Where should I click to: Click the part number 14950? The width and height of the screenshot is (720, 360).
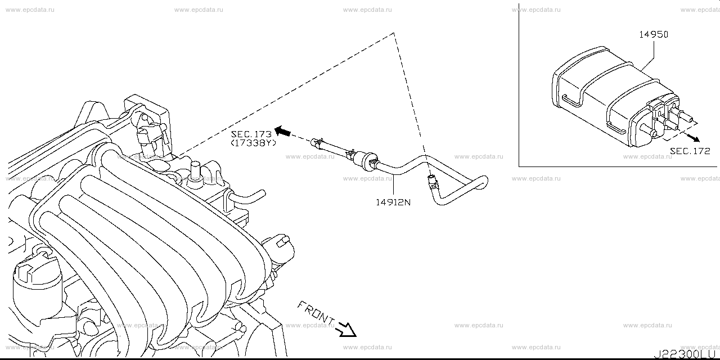click(653, 34)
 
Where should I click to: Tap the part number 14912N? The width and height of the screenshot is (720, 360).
click(393, 201)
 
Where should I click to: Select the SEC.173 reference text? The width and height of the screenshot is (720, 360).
click(251, 134)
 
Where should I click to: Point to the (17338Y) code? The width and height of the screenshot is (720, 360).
click(253, 143)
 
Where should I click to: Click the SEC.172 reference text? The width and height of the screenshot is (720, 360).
click(690, 151)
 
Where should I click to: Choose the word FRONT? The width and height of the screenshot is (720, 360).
click(315, 312)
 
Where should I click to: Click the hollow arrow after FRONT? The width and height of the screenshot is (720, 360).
click(345, 330)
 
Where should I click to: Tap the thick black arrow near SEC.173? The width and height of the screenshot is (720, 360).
click(285, 132)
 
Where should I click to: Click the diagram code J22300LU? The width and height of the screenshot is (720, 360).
click(686, 355)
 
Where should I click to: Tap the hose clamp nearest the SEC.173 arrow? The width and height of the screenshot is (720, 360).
click(318, 141)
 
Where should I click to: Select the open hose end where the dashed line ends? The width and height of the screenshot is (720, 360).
click(433, 181)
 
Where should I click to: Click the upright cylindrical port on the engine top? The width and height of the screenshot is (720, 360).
click(196, 170)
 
